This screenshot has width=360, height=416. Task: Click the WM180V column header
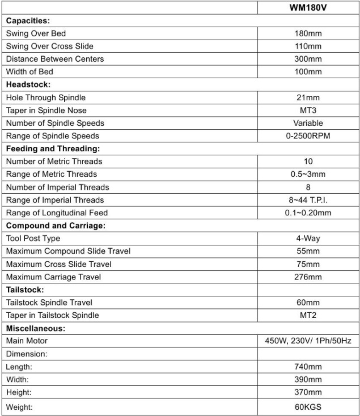pyautogui.click(x=308, y=8)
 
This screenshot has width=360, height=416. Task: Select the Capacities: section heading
pyautogui.click(x=29, y=21)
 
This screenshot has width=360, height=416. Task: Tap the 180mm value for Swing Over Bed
pyautogui.click(x=308, y=33)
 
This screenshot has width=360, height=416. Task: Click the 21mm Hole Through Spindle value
pyautogui.click(x=308, y=97)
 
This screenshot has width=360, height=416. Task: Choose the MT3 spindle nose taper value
pyautogui.click(x=308, y=110)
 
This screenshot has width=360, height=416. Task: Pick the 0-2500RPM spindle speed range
pyautogui.click(x=308, y=136)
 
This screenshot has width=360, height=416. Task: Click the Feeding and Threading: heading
pyautogui.click(x=53, y=148)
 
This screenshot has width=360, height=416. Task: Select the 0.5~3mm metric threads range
pyautogui.click(x=308, y=174)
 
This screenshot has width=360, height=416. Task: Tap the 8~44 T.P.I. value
pyautogui.click(x=308, y=200)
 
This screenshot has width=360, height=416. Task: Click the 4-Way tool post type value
pyautogui.click(x=308, y=239)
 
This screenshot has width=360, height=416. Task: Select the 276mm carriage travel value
pyautogui.click(x=308, y=277)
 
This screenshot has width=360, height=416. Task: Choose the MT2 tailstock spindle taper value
pyautogui.click(x=308, y=315)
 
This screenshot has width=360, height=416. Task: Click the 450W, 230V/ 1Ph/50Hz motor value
pyautogui.click(x=308, y=341)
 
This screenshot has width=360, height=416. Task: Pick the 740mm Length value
pyautogui.click(x=308, y=367)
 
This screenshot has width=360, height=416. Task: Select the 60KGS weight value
pyautogui.click(x=308, y=407)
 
